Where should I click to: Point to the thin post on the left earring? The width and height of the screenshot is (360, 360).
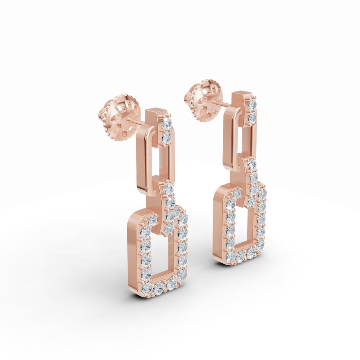[136, 121]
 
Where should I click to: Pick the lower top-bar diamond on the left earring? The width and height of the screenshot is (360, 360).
[166, 137]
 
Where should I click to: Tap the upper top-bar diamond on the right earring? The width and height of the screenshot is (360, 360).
[252, 104]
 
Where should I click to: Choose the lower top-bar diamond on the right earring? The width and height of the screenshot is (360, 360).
[252, 118]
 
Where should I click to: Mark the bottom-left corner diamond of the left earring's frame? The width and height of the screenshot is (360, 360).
[147, 288]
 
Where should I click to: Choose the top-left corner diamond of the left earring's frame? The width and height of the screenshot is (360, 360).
[152, 220]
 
